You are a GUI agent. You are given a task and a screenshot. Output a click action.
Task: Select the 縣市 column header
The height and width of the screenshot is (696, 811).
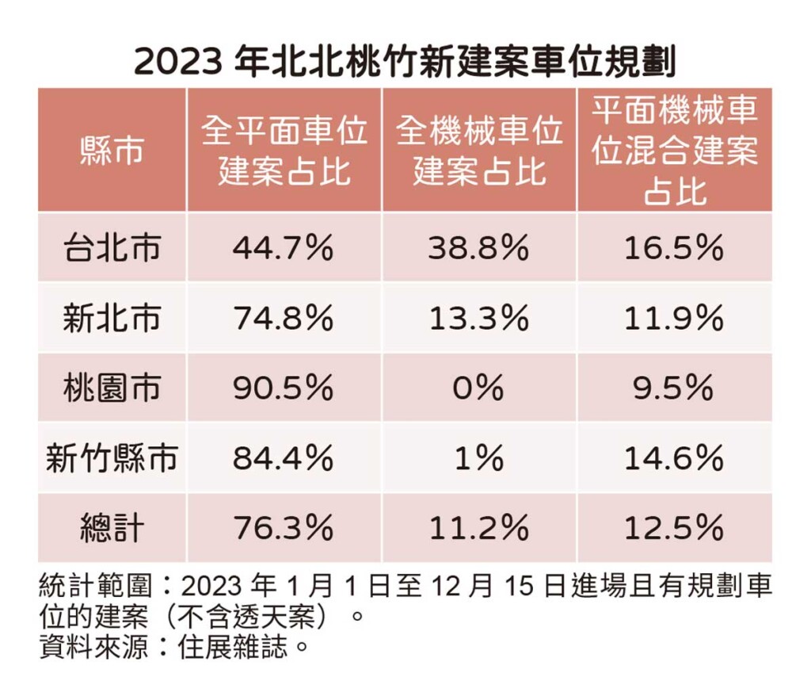(112, 150)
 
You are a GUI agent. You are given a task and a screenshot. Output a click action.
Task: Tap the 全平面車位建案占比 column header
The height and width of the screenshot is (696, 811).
(284, 150)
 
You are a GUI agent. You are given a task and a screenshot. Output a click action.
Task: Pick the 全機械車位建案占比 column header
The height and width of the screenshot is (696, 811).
(479, 150)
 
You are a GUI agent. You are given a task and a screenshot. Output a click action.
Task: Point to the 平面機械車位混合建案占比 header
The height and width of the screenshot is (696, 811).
(675, 150)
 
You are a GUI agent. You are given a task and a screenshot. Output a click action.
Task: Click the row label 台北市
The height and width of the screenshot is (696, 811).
(112, 247)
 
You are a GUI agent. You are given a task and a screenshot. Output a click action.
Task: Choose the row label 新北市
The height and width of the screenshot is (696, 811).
(112, 318)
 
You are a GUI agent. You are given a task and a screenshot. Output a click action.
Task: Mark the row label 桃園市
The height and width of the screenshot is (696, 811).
(112, 388)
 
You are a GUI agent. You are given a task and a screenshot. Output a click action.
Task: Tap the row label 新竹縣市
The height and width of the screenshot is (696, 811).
(112, 458)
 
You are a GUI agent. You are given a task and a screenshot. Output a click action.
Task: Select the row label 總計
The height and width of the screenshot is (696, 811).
(112, 528)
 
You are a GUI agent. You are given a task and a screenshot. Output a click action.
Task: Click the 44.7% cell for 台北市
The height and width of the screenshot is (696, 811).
(283, 248)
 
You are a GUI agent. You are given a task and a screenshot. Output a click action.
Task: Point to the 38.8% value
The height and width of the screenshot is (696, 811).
(478, 248)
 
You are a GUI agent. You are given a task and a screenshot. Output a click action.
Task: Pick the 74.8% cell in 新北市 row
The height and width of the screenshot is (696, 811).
(283, 318)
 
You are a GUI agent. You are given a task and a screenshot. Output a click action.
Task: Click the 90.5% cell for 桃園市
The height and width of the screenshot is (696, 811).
(283, 388)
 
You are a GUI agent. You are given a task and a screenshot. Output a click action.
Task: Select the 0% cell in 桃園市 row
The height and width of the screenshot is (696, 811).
(478, 388)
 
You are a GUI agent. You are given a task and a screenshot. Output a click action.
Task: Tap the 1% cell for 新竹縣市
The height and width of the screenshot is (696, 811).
(478, 458)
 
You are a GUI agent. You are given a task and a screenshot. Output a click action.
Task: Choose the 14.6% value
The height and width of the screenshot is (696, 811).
(674, 458)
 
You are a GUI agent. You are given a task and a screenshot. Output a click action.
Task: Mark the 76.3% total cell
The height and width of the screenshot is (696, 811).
(283, 528)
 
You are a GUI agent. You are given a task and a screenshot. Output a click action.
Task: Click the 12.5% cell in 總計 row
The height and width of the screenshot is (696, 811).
(674, 528)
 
